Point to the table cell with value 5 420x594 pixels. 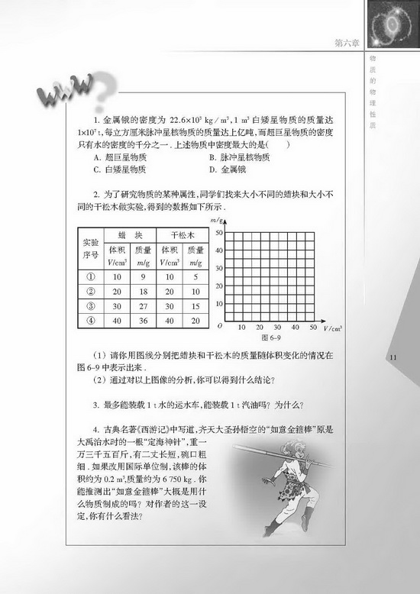[x=195, y=276]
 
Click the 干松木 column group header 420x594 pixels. [x=183, y=234]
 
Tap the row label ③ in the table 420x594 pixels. [x=91, y=305]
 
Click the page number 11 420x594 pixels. [x=394, y=357]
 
